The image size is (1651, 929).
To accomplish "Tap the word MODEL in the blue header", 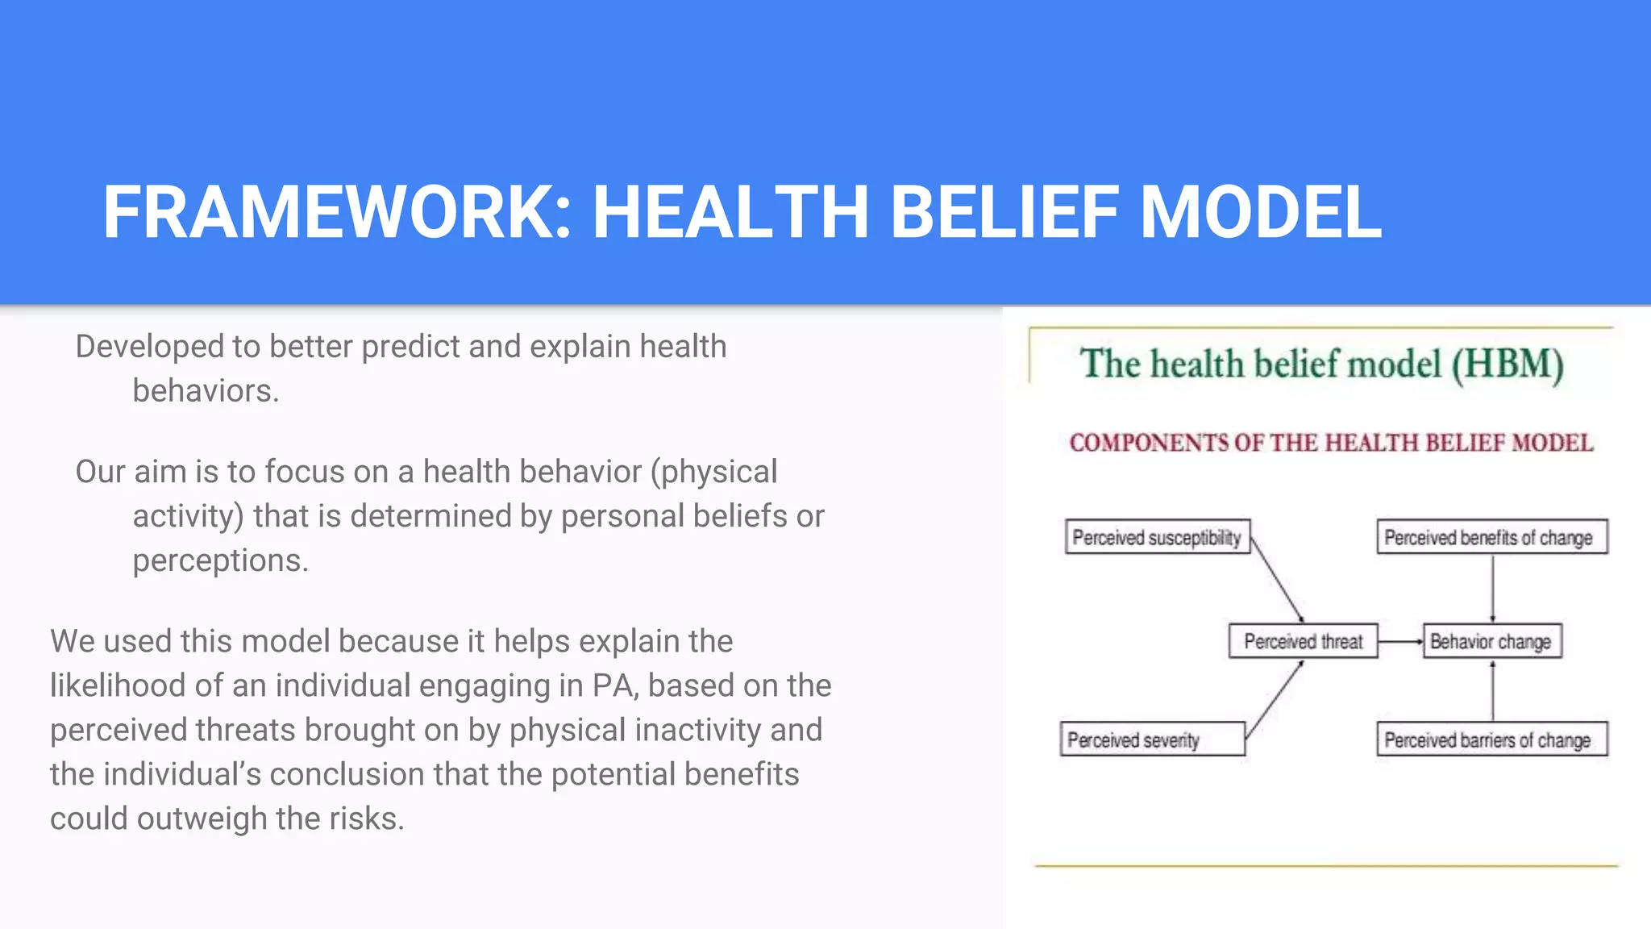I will point(1261,213).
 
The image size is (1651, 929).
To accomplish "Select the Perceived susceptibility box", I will point(1157,537).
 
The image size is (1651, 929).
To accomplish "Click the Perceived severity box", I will point(1152,739).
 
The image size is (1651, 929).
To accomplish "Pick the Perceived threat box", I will point(1303,641).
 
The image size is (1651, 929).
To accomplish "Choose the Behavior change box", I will point(1491,641).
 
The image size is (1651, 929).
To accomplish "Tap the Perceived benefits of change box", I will point(1491,537).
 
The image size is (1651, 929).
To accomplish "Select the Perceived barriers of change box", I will point(1491,739).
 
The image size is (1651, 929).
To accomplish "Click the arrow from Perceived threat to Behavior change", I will point(1400,642).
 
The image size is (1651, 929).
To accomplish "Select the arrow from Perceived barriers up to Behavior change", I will point(1492,691).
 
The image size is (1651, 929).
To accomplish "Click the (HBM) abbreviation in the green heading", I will point(1508,365).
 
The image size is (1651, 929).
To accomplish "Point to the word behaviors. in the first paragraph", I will point(206,391).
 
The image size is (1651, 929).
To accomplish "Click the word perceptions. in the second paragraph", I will point(220,560).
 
